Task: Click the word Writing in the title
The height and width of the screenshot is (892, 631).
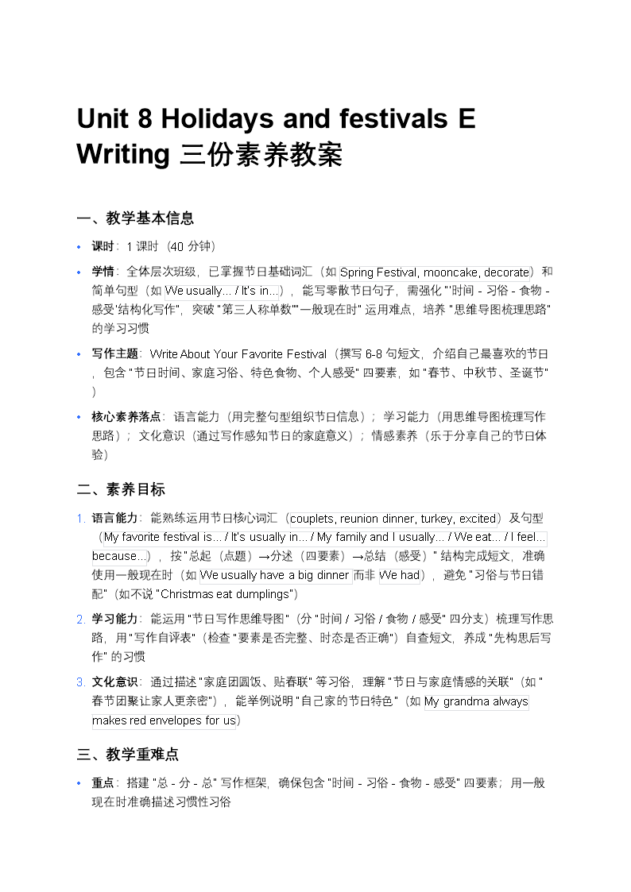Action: tap(122, 153)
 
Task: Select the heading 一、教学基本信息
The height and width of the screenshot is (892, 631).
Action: tap(135, 218)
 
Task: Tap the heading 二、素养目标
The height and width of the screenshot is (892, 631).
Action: tap(121, 489)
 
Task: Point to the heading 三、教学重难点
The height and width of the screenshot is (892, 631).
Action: tap(128, 754)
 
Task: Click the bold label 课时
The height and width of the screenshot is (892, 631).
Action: tap(103, 246)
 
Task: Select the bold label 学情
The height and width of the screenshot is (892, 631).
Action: tap(103, 272)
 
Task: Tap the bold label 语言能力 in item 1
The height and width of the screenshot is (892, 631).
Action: tap(115, 519)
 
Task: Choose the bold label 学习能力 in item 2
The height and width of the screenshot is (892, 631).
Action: tap(115, 619)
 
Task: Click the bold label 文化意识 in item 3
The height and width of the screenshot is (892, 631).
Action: tap(115, 682)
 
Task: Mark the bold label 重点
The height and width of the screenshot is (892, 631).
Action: tap(103, 783)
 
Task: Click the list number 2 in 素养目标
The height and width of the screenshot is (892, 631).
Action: tap(81, 620)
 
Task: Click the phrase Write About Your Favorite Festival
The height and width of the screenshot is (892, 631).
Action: tap(238, 354)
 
